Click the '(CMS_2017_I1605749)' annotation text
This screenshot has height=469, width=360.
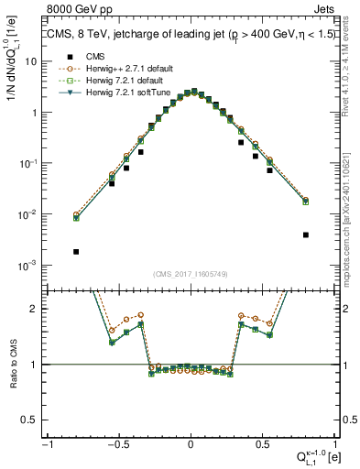190,274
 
